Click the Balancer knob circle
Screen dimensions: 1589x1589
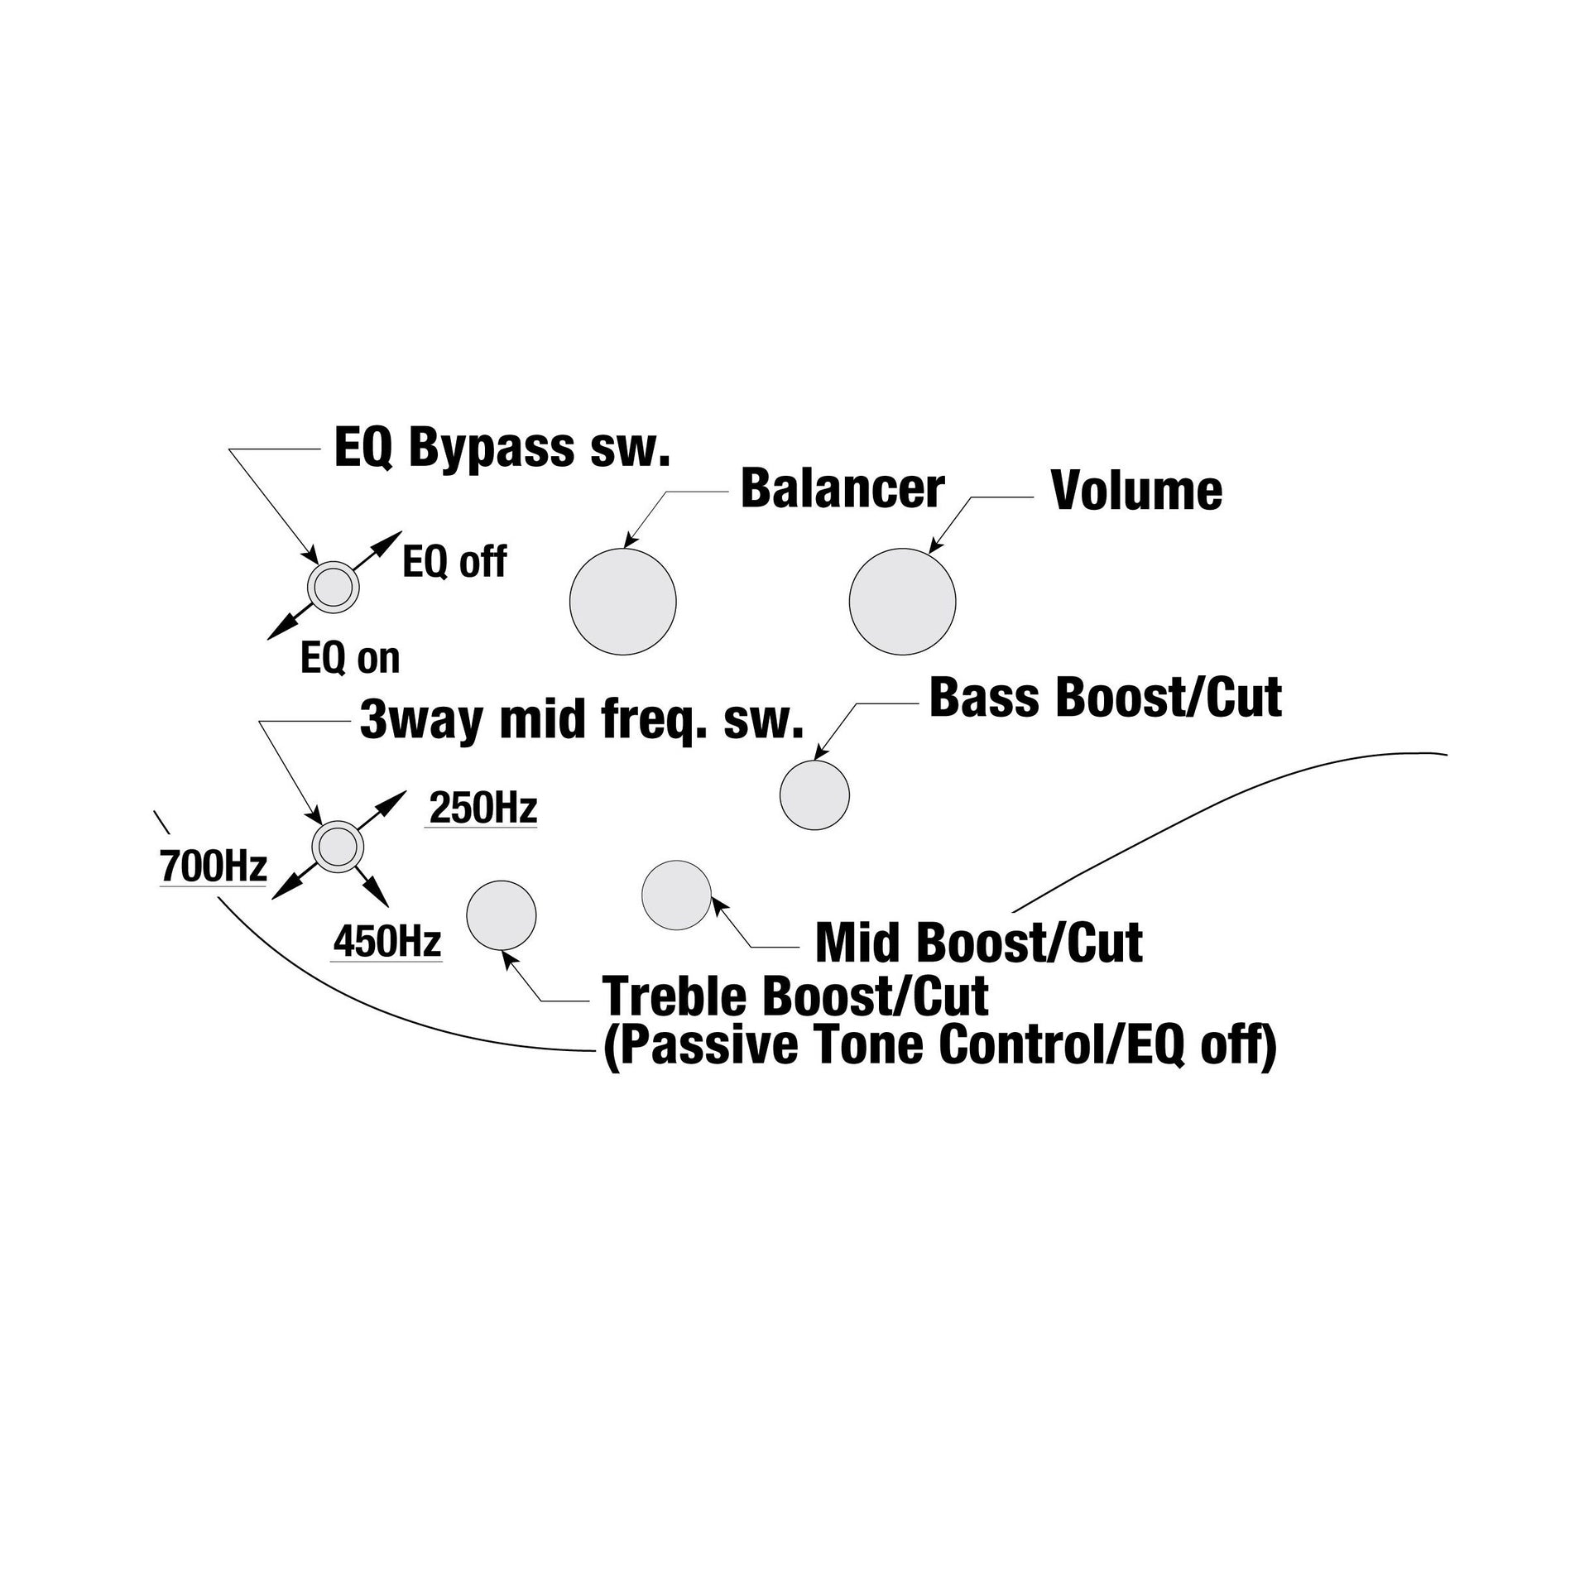click(x=623, y=601)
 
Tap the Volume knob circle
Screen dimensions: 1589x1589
click(x=903, y=601)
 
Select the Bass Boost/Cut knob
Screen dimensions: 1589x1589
click(x=815, y=794)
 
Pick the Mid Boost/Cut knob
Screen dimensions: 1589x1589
click(x=677, y=895)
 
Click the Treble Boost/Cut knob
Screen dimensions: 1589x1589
click(x=502, y=915)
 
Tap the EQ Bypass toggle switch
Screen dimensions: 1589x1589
click(x=334, y=587)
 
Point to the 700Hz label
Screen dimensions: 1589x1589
click(x=214, y=867)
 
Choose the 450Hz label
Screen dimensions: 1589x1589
click(x=387, y=942)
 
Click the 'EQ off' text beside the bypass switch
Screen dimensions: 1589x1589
click(x=454, y=563)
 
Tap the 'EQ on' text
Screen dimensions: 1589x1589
click(x=351, y=659)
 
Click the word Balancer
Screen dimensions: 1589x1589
click(x=843, y=488)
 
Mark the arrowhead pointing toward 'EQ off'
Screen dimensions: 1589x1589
click(x=389, y=542)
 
